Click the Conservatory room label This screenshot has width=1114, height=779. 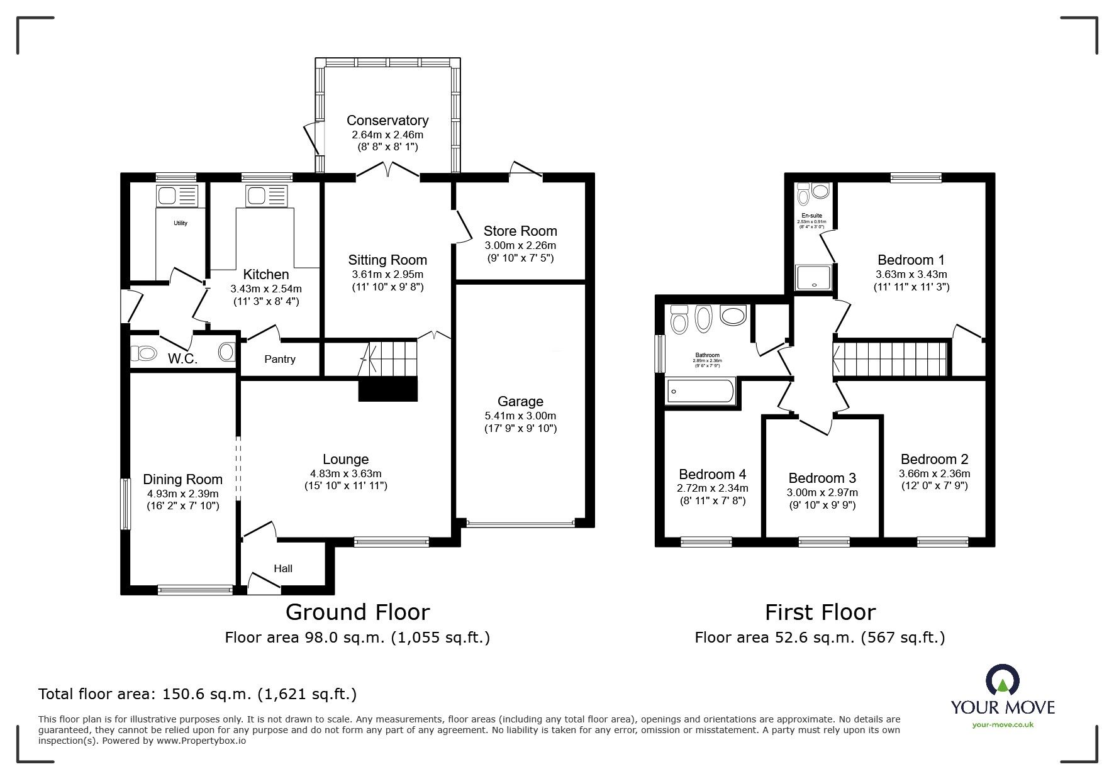click(x=387, y=120)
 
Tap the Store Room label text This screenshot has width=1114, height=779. click(x=520, y=231)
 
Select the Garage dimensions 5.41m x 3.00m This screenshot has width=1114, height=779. click(x=520, y=416)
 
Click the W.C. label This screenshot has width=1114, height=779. click(x=182, y=359)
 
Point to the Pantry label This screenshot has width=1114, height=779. click(x=280, y=359)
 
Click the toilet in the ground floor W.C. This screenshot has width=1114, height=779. click(x=143, y=353)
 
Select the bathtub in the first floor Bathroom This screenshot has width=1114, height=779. click(x=701, y=391)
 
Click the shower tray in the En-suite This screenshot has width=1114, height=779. click(x=813, y=277)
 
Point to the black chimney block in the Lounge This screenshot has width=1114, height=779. click(x=388, y=389)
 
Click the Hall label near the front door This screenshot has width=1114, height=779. click(x=283, y=568)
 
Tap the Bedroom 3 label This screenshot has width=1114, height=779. click(x=822, y=478)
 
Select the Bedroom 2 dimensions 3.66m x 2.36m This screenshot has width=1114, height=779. click(x=934, y=474)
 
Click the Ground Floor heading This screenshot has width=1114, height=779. click(x=357, y=612)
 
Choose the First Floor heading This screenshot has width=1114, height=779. click(x=820, y=612)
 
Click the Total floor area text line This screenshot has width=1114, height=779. click(x=198, y=694)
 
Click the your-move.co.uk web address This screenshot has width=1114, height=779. click(x=1003, y=725)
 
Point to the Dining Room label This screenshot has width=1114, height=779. click(x=182, y=480)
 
